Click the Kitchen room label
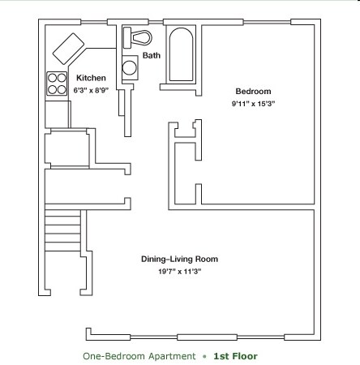91,78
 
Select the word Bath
152,55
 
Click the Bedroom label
253,91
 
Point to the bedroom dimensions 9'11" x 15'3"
253,103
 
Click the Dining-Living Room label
179,260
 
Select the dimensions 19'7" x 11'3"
179,272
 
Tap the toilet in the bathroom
139,37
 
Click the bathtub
181,55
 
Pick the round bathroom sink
129,68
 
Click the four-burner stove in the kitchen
57,84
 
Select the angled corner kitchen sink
68,49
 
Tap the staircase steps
63,235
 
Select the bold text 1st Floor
235,355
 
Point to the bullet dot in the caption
204,356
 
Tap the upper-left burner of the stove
52,79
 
